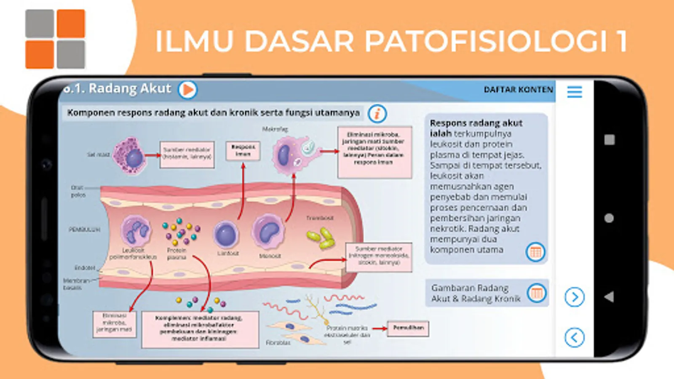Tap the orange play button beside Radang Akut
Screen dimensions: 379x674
pyautogui.click(x=187, y=90)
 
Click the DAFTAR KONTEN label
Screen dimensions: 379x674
pyautogui.click(x=518, y=90)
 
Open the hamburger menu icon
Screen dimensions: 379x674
pyautogui.click(x=575, y=92)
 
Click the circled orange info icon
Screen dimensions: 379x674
pyautogui.click(x=377, y=114)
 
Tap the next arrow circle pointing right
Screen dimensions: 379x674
pyautogui.click(x=575, y=297)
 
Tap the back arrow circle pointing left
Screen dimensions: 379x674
pyautogui.click(x=575, y=337)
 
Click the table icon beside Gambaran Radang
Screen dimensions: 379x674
pyautogui.click(x=536, y=293)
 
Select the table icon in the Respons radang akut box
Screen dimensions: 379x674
pyautogui.click(x=535, y=252)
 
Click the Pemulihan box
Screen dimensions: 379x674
pyautogui.click(x=408, y=328)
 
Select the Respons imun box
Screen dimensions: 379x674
pyautogui.click(x=243, y=151)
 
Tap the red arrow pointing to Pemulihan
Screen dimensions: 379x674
pyautogui.click(x=379, y=328)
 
